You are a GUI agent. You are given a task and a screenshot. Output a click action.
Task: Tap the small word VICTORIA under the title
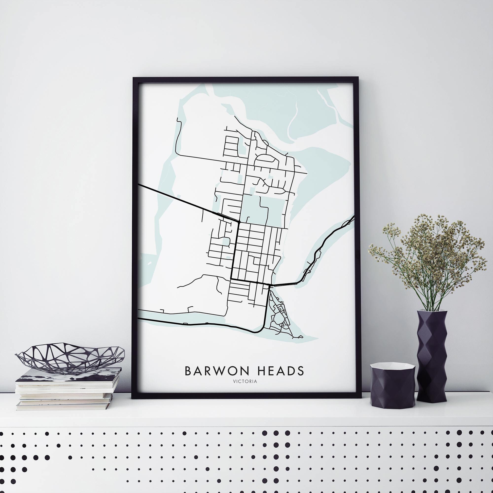tap(245, 382)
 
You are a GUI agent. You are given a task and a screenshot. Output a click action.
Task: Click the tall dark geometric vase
tap(432, 357)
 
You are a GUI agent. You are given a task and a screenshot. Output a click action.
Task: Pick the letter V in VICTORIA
tap(234, 382)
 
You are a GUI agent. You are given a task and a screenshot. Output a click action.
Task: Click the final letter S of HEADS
tap(300, 371)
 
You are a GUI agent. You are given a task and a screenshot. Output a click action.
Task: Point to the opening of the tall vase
tap(432, 311)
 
